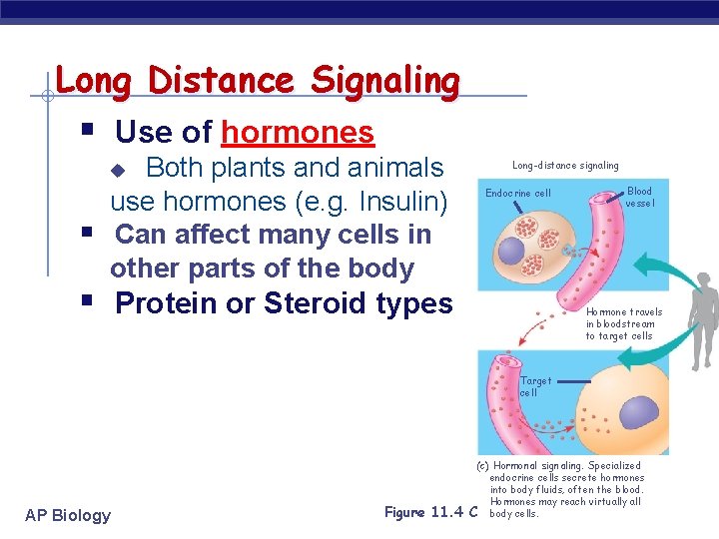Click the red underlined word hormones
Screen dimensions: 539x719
pyautogui.click(x=298, y=132)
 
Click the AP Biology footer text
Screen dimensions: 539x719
pyautogui.click(x=68, y=515)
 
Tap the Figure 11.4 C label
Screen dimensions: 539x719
pyautogui.click(x=430, y=512)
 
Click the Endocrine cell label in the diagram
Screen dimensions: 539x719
pyautogui.click(x=517, y=193)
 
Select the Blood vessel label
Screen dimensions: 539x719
pyautogui.click(x=639, y=197)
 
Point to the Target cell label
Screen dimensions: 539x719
pyautogui.click(x=534, y=386)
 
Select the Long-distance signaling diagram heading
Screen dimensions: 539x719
pyautogui.click(x=565, y=165)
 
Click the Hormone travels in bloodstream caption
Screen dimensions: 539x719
pyautogui.click(x=623, y=323)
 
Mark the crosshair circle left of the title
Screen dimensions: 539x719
pyautogui.click(x=47, y=97)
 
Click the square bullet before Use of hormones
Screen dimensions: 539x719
pyautogui.click(x=87, y=131)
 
